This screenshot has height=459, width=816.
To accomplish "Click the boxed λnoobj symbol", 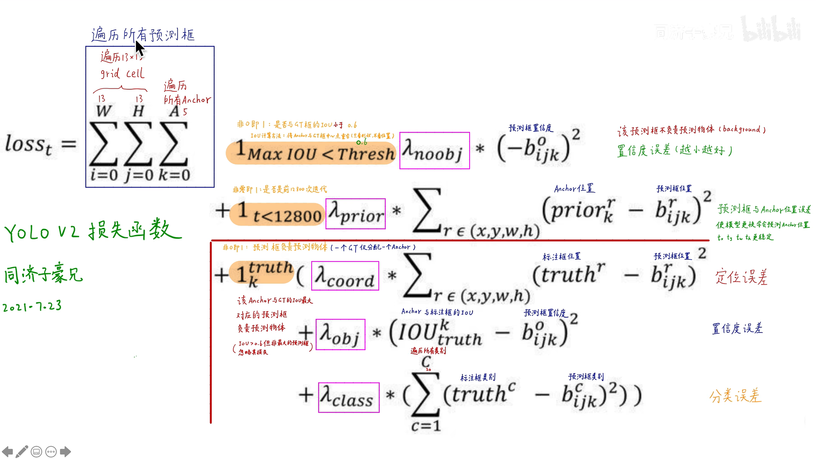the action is [434, 150].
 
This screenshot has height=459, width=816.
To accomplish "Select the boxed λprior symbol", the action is [355, 214].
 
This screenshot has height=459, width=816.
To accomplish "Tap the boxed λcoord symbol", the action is [345, 276].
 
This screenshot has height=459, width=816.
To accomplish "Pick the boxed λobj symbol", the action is [340, 334].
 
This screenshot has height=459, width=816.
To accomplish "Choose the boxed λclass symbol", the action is [348, 397].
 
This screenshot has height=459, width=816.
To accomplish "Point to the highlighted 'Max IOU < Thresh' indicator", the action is [311, 153].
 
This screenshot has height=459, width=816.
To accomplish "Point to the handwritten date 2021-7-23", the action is [32, 306].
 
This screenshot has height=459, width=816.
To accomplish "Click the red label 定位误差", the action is [741, 277].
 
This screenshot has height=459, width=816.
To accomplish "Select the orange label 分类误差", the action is [735, 396].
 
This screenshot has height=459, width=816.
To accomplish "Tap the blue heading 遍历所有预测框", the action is [143, 34].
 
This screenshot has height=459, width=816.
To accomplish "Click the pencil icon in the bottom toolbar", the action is [22, 451].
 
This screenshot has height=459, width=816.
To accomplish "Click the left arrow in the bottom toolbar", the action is [7, 451].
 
